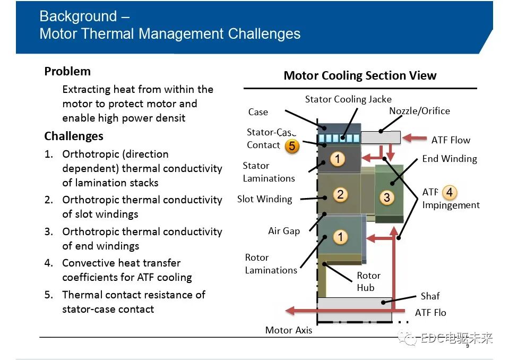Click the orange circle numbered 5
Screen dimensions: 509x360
tap(292, 146)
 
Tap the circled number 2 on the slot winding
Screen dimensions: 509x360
tap(340, 194)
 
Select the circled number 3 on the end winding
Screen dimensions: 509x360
tap(386, 197)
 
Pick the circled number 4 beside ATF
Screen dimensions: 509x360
tap(449, 192)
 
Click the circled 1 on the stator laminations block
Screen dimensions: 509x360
tap(337, 159)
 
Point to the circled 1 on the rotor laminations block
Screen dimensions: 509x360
tap(340, 237)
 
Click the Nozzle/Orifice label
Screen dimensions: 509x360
tap(419, 111)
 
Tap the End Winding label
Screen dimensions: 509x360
tap(450, 159)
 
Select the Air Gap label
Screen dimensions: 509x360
tap(284, 231)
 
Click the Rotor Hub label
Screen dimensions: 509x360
tap(368, 281)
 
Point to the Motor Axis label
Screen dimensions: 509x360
tap(289, 330)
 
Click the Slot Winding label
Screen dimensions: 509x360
tap(264, 199)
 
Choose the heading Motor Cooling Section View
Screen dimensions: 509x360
tap(360, 75)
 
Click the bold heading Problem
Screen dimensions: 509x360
tap(67, 71)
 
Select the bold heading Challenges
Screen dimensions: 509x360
tap(74, 136)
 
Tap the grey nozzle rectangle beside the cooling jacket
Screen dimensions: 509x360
tap(381, 138)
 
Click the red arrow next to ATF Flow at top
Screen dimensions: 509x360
tap(415, 138)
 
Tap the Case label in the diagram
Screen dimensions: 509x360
tap(258, 112)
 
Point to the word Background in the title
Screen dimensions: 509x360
tap(78, 16)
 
